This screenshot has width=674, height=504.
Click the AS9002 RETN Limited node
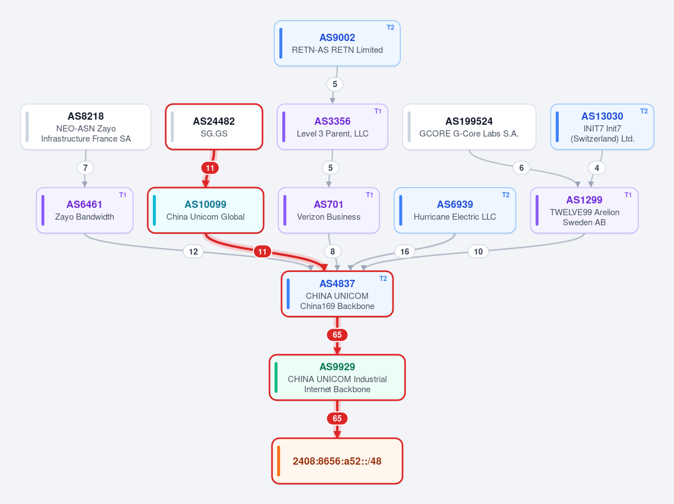coord(337,43)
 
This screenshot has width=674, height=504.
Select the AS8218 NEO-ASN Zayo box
coord(85,127)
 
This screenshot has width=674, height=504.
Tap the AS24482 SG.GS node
coord(214,127)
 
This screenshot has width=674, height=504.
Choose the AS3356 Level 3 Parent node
coord(332,127)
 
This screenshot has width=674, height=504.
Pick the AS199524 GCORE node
coord(469,127)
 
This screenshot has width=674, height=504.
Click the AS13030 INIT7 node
coord(602,127)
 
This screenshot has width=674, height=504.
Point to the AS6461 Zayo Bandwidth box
coord(85,210)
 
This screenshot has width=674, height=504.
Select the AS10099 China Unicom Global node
coord(206,210)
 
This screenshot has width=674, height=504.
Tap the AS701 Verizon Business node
coord(329,210)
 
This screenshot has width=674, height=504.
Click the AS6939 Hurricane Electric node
coord(455,210)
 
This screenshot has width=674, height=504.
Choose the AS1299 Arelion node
coord(584,210)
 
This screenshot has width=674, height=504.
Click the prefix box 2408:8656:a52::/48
coord(337,461)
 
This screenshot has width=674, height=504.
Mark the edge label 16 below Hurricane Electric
coord(405,251)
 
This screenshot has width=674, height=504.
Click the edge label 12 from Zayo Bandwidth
coord(193,251)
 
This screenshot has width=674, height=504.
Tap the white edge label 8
coord(332,251)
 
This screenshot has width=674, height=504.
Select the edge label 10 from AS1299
coord(478,251)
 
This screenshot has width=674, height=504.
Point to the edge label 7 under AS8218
coord(85,167)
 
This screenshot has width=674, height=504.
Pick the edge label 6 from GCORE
coord(522,167)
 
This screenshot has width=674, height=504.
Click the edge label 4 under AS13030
coord(596,167)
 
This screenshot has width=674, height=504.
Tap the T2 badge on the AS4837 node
coord(383,279)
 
